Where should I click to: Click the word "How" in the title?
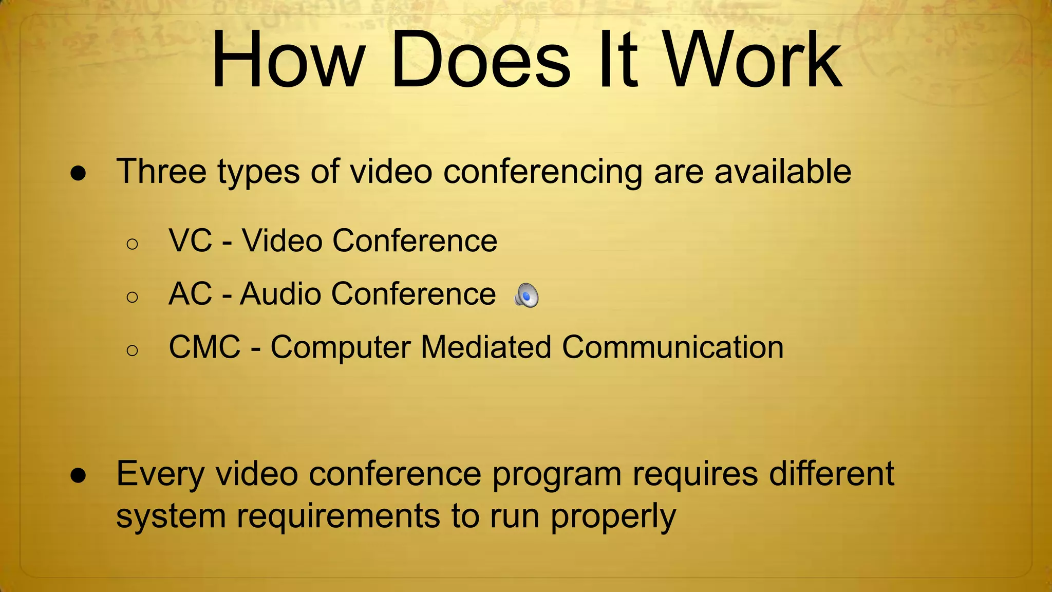coord(288,61)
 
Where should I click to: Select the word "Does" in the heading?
coord(480,61)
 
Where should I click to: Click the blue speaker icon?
coord(527,295)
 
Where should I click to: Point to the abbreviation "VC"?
coord(190,240)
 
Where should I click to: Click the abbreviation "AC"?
coord(190,294)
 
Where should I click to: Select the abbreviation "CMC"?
coord(204,347)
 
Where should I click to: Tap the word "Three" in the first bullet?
coord(161,171)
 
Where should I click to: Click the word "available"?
coord(782,171)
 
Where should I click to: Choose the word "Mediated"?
coord(486,347)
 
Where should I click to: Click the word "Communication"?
coord(672,347)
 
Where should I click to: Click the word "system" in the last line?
coord(171,516)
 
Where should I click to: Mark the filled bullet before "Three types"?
coord(78,174)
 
